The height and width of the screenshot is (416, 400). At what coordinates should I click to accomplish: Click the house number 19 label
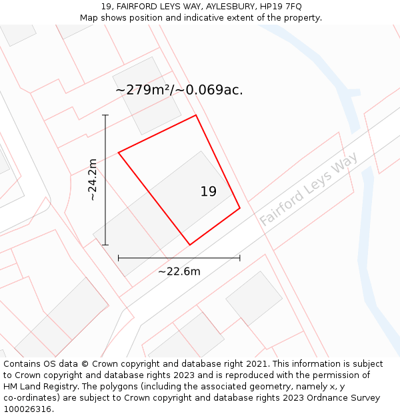(208, 192)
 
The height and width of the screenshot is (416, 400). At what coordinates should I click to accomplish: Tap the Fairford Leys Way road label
(309, 188)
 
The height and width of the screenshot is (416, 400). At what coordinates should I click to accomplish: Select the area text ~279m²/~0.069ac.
(179, 90)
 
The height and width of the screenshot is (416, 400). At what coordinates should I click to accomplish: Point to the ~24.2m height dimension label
(92, 180)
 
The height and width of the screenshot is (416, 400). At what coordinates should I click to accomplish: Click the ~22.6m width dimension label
(179, 271)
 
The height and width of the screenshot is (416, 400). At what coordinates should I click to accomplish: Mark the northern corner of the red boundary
(196, 115)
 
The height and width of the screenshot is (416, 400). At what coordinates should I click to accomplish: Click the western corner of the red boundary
(119, 153)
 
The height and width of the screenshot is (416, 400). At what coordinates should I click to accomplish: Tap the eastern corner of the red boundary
(240, 208)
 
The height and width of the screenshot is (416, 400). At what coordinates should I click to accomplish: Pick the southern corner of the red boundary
(190, 245)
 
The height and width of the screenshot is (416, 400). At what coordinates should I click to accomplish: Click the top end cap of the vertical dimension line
(105, 115)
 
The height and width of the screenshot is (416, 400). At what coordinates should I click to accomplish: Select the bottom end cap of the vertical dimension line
(105, 245)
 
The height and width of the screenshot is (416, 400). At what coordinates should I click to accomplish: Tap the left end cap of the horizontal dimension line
(119, 258)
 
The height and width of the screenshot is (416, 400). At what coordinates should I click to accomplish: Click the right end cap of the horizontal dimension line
(240, 258)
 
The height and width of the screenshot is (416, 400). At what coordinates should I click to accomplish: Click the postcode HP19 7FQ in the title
(280, 6)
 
